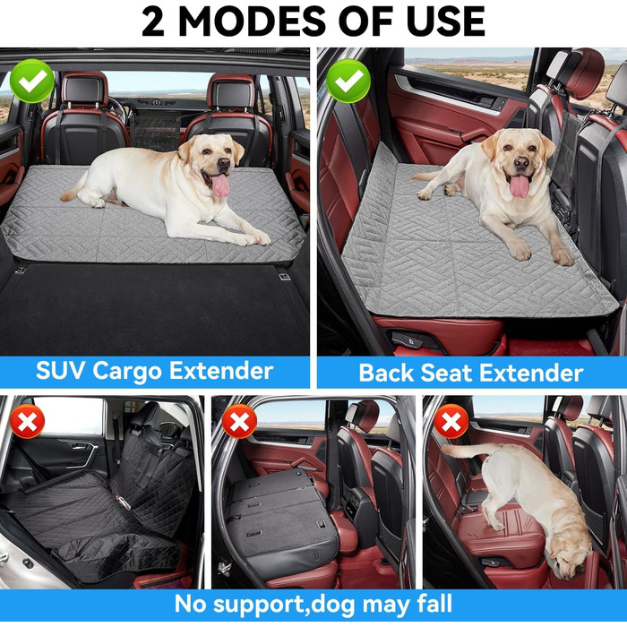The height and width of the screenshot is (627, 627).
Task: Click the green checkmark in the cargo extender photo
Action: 32,82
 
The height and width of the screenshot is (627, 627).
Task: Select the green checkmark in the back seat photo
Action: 348,82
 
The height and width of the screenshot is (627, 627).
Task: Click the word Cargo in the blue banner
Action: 128,372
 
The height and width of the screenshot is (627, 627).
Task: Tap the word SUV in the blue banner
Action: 60,370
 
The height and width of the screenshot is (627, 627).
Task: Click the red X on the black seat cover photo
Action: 27,422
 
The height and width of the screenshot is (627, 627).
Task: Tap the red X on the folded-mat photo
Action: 239,422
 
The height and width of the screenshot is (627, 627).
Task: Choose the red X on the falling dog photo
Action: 451,422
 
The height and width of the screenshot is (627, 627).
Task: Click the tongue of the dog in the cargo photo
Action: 220,185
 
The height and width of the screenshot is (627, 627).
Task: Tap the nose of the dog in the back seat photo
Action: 521,162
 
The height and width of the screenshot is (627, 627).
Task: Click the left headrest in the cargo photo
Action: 85,90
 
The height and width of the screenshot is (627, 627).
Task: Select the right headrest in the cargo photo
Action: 231,90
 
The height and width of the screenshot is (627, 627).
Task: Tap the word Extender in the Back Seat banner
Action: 531,374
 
